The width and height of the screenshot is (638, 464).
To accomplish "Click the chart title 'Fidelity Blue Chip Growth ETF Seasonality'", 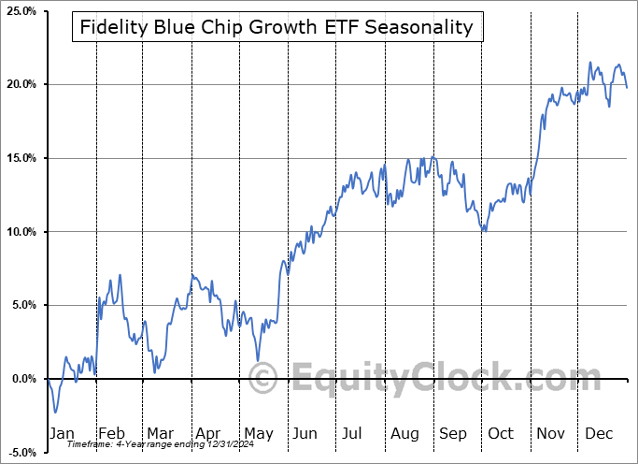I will pyautogui.click(x=276, y=27).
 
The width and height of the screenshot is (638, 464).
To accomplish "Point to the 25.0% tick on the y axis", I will pyautogui.click(x=21, y=10).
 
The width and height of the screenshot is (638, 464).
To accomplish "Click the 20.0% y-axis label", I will pyautogui.click(x=21, y=84).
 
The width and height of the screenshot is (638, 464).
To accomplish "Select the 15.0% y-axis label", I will pyautogui.click(x=21, y=158).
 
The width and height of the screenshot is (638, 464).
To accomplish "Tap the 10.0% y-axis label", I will pyautogui.click(x=21, y=232).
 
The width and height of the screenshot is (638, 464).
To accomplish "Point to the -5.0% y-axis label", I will pyautogui.click(x=21, y=453).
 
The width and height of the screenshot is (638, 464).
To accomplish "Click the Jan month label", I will pyautogui.click(x=61, y=433).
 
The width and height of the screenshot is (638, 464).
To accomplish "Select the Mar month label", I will pyautogui.click(x=160, y=433).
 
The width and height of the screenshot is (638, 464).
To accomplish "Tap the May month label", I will pyautogui.click(x=258, y=433).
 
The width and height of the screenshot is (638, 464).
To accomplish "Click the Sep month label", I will pyautogui.click(x=453, y=433).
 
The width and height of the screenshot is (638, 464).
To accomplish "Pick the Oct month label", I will pyautogui.click(x=501, y=433).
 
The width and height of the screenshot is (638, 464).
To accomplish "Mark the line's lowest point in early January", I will pyautogui.click(x=55, y=413).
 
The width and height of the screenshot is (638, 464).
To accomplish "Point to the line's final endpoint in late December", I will pyautogui.click(x=627, y=88).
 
